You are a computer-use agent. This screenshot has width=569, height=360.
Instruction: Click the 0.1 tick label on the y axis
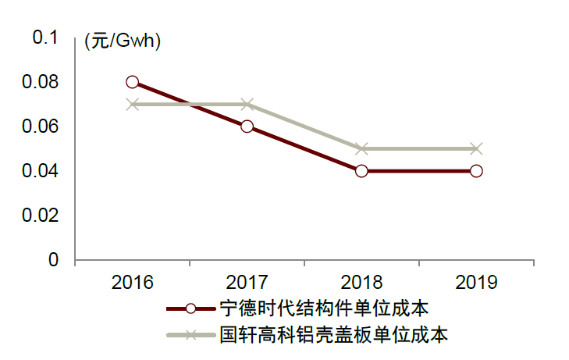tap(45, 37)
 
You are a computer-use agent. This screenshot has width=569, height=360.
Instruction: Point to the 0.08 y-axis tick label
tap(41, 82)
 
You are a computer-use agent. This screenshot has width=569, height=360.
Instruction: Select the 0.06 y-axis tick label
tap(41, 127)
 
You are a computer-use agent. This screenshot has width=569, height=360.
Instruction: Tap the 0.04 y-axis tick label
tap(41, 171)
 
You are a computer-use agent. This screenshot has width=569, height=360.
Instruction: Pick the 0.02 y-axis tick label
tap(41, 216)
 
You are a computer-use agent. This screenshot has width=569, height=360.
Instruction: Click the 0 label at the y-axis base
tap(54, 260)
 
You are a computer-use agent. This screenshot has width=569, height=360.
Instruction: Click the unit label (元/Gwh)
tap(123, 42)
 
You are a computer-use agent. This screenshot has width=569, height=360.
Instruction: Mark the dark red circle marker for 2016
tap(132, 82)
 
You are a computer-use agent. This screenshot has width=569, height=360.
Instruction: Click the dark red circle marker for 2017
tap(247, 127)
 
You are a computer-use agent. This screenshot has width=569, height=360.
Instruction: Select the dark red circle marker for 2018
tap(361, 171)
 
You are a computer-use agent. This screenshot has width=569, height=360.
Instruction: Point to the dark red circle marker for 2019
tap(476, 171)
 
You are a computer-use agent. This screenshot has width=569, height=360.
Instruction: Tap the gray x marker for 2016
tap(132, 104)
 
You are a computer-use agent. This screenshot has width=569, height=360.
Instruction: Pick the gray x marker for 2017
tap(247, 104)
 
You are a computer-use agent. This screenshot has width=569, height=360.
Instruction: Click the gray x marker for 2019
tap(476, 148)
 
